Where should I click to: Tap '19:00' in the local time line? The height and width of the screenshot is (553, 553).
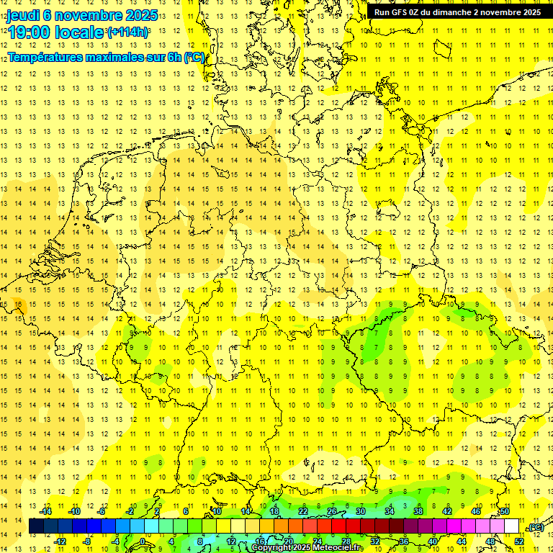pyautogui.click(x=29, y=32)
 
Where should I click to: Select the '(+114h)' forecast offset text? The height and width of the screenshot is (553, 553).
pyautogui.click(x=127, y=32)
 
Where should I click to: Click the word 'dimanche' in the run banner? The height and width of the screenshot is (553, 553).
pyautogui.click(x=454, y=12)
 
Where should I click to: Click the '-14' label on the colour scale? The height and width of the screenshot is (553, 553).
pyautogui.click(x=47, y=511)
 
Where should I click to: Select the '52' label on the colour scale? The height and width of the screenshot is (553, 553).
pyautogui.click(x=519, y=541)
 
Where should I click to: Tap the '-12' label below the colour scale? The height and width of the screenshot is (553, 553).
pyautogui.click(x=60, y=541)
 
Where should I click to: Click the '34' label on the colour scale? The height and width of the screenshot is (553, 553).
pyautogui.click(x=390, y=511)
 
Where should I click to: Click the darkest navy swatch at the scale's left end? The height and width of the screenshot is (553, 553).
pyautogui.click(x=36, y=526)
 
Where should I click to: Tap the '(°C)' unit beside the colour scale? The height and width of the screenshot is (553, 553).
pyautogui.click(x=536, y=527)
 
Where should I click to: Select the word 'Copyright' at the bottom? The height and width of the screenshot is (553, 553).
pyautogui.click(x=273, y=548)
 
